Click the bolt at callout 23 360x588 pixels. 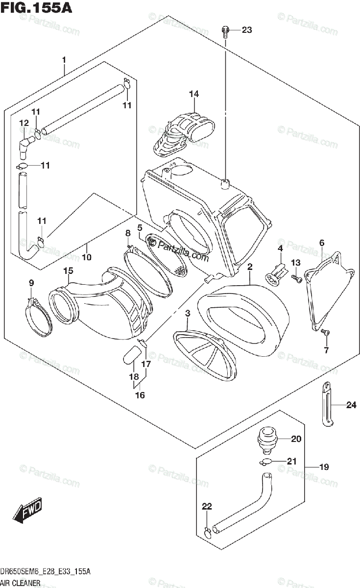[225, 31]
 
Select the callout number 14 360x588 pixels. [194, 94]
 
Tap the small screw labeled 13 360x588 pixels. [295, 278]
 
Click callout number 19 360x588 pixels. [324, 467]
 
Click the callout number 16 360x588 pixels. [140, 395]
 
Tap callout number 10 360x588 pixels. [87, 257]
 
